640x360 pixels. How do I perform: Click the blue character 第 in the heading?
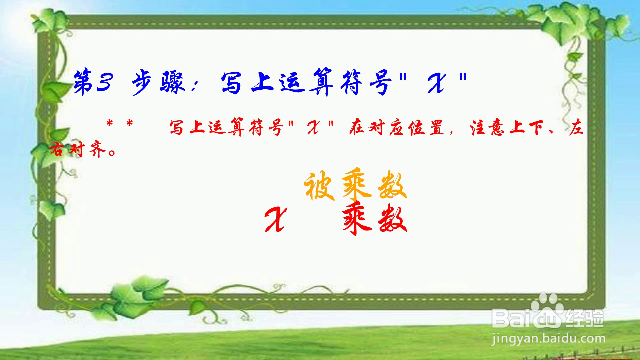(x=83, y=82)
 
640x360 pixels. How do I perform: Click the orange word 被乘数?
(x=355, y=185)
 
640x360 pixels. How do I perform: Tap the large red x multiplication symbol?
(x=275, y=219)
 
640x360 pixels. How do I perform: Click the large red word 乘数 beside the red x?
(x=375, y=218)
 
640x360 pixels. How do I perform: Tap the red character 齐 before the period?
(x=97, y=150)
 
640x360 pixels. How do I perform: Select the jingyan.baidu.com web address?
(x=549, y=339)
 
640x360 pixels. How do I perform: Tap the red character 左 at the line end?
(x=576, y=128)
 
